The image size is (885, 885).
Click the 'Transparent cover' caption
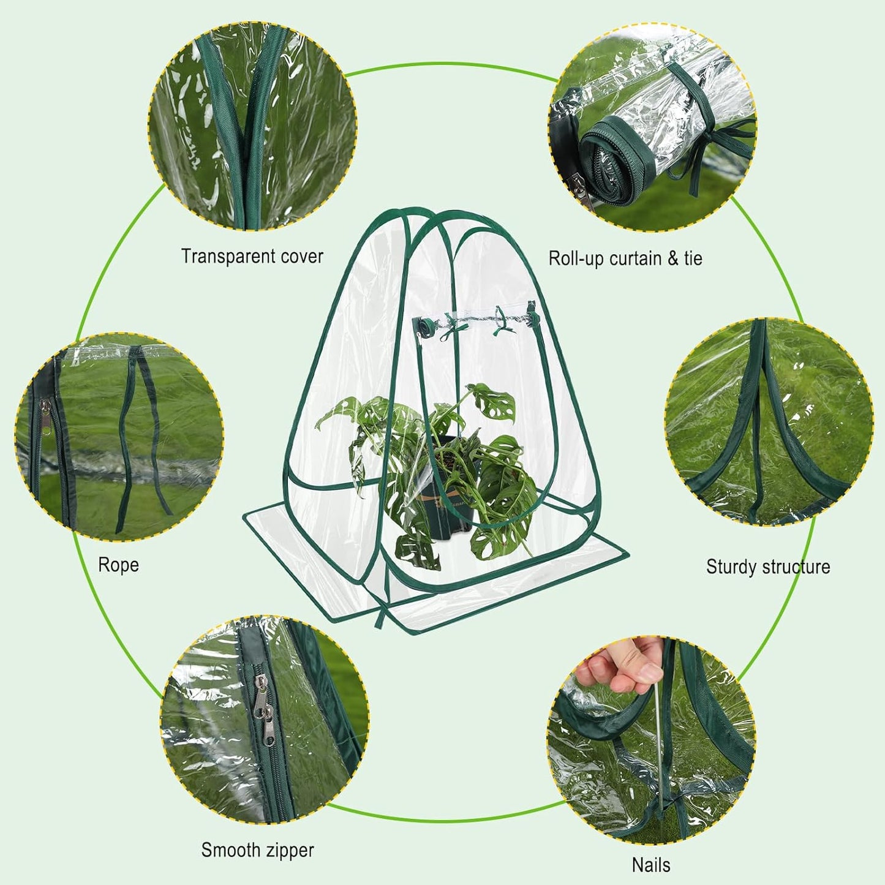pyautogui.click(x=252, y=256)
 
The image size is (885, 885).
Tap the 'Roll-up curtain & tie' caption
pyautogui.click(x=625, y=258)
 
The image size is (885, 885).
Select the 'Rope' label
pyautogui.click(x=118, y=565)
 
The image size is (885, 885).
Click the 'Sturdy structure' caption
pyautogui.click(x=768, y=567)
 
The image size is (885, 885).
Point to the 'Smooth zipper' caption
pyautogui.click(x=257, y=850)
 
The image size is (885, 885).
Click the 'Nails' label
pyautogui.click(x=650, y=865)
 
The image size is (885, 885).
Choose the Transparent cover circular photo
pyautogui.click(x=252, y=126)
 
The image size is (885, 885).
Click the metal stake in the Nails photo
pyautogui.click(x=658, y=735)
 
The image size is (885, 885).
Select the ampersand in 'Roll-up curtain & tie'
pyautogui.click(x=673, y=258)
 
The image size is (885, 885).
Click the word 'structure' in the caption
pyautogui.click(x=796, y=567)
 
